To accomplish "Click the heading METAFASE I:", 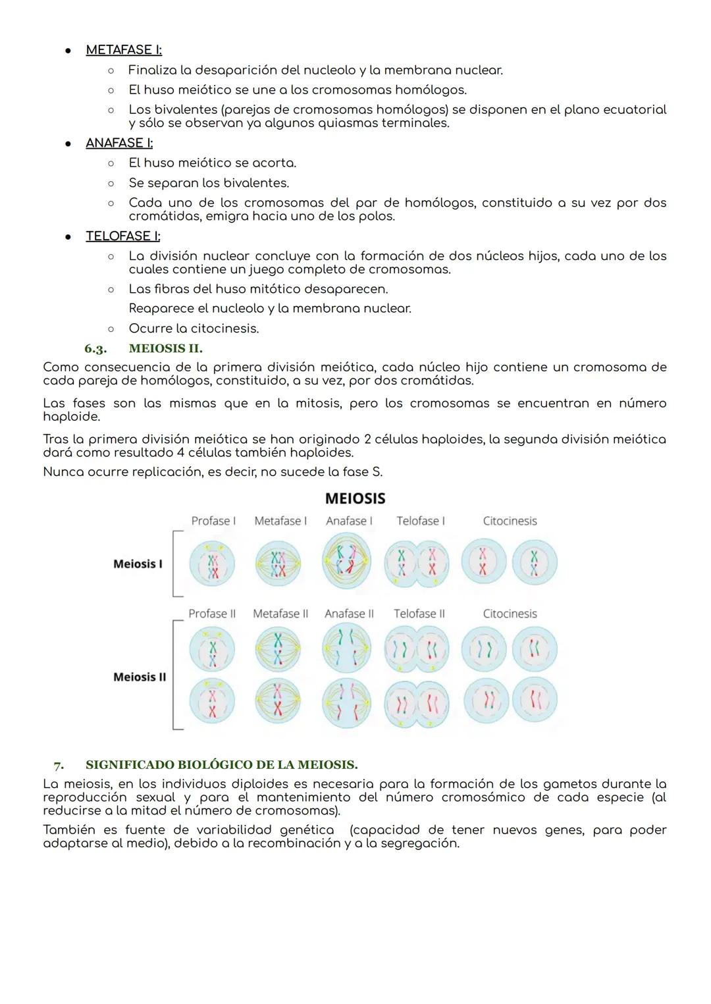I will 124,50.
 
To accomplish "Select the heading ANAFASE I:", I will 119,143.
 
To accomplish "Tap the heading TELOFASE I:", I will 123,236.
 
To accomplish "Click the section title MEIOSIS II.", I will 166,348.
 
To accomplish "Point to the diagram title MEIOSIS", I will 355,498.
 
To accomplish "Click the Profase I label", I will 213,521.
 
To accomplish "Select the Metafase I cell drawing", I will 279,564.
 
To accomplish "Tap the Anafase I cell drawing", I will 347,562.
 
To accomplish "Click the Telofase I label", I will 421,521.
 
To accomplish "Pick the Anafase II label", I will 349,614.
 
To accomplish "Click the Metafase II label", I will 280,614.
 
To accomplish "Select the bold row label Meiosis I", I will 138,564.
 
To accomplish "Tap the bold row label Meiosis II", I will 140,677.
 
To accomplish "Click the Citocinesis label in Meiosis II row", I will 510,614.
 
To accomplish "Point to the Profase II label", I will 212,614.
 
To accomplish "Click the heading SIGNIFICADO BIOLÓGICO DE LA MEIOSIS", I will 221,765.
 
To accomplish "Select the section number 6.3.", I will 95,348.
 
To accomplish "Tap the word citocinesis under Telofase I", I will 224,329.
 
